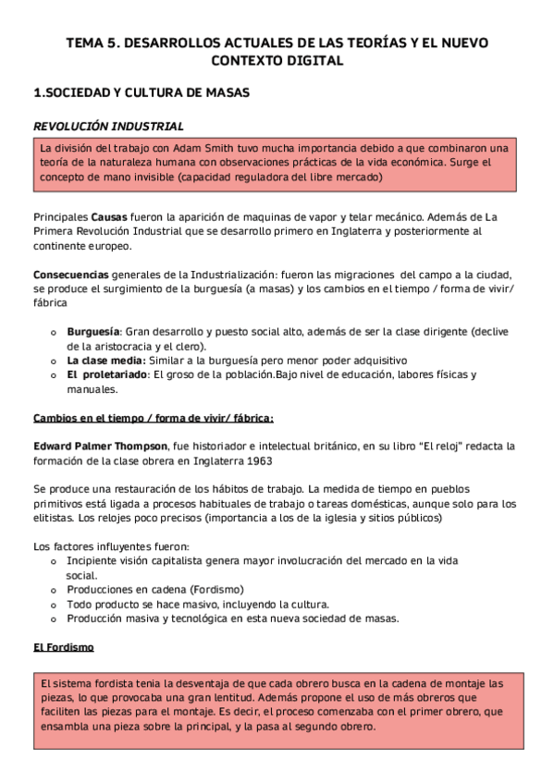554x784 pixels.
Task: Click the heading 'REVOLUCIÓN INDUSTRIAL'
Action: coord(108,126)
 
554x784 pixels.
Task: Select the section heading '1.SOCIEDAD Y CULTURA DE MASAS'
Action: coord(141,92)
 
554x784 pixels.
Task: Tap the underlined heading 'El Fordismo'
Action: coord(64,647)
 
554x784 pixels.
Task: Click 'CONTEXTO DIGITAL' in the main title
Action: coord(277,61)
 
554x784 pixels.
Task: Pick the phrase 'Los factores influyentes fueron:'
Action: coord(109,546)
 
